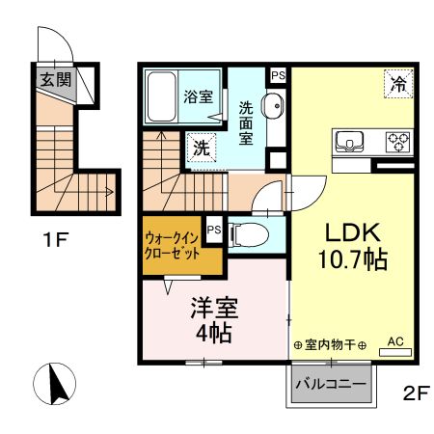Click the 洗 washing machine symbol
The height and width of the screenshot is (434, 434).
pyautogui.click(x=201, y=148)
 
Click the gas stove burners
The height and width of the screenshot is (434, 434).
pyautogui.click(x=398, y=142)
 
